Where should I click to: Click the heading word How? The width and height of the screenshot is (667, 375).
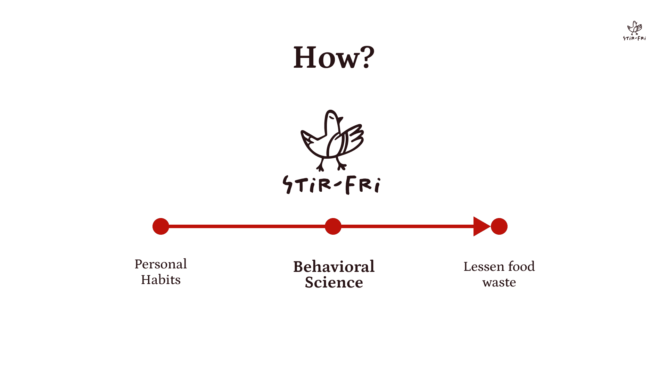(333, 57)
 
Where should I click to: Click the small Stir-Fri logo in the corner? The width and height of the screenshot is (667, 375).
(634, 31)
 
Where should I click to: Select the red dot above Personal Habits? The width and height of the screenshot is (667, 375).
(161, 226)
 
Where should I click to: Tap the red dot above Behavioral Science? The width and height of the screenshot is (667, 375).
(333, 226)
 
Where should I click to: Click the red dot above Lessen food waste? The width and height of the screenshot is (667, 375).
(499, 226)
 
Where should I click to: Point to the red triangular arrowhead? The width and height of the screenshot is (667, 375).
(481, 226)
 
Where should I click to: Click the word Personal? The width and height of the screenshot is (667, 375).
(160, 264)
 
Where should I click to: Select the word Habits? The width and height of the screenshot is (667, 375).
(160, 280)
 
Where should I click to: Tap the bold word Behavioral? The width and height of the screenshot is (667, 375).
(334, 267)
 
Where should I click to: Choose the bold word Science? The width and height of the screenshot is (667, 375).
(334, 282)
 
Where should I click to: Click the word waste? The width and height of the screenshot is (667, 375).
(499, 282)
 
